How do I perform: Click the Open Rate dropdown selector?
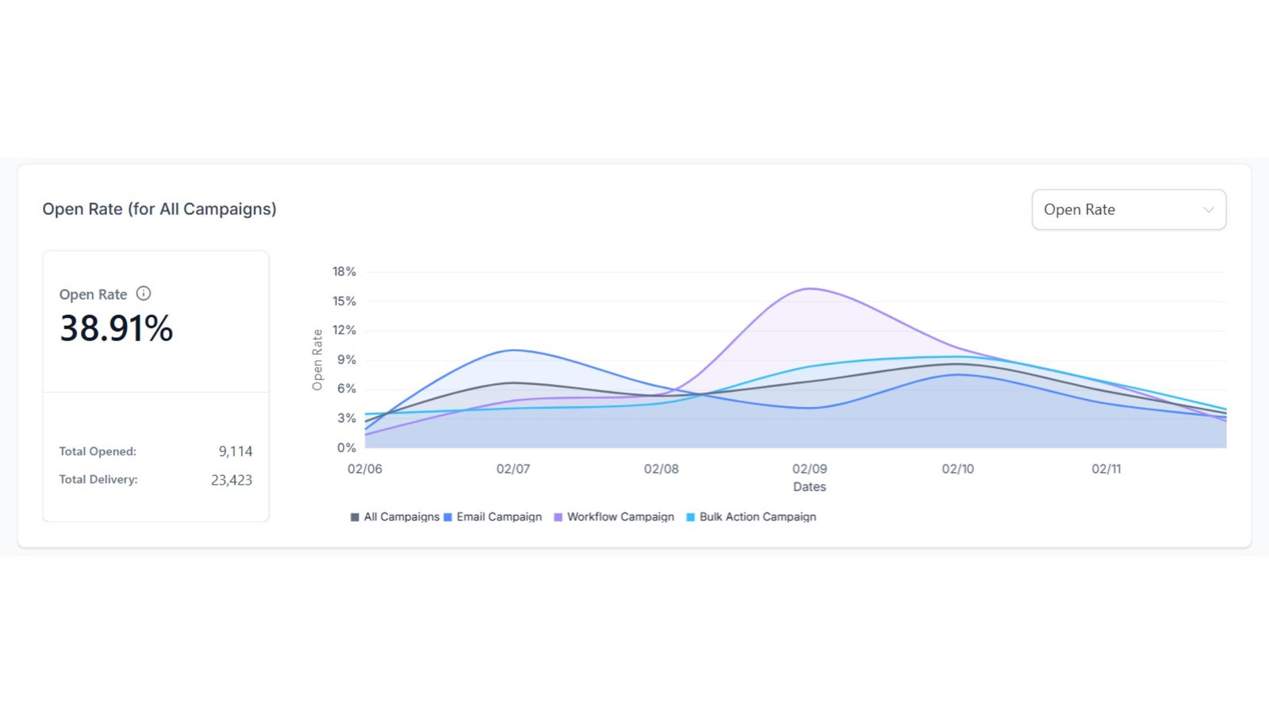pyautogui.click(x=1128, y=209)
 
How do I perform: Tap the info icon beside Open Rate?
pyautogui.click(x=144, y=294)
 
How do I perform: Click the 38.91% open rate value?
pyautogui.click(x=117, y=328)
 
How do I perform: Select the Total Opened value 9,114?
pyautogui.click(x=236, y=451)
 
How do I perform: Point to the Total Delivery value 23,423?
pyautogui.click(x=232, y=480)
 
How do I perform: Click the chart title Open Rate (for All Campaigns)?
pyautogui.click(x=159, y=209)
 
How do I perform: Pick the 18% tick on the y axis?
pyautogui.click(x=344, y=271)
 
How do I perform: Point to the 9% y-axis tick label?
pyautogui.click(x=347, y=359)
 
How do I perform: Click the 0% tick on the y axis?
pyautogui.click(x=347, y=447)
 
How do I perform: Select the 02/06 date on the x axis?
pyautogui.click(x=365, y=469)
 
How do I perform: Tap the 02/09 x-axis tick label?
pyautogui.click(x=810, y=469)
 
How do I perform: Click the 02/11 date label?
pyautogui.click(x=1106, y=469)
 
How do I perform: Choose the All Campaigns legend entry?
pyautogui.click(x=395, y=517)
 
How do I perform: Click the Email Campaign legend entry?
pyautogui.click(x=493, y=517)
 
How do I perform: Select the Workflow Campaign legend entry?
pyautogui.click(x=614, y=517)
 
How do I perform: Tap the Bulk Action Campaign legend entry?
pyautogui.click(x=751, y=517)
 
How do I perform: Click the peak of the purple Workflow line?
pyautogui.click(x=810, y=288)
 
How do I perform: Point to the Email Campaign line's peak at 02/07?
pyautogui.click(x=514, y=350)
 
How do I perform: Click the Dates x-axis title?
pyautogui.click(x=810, y=487)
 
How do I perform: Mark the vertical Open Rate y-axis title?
pyautogui.click(x=317, y=359)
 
